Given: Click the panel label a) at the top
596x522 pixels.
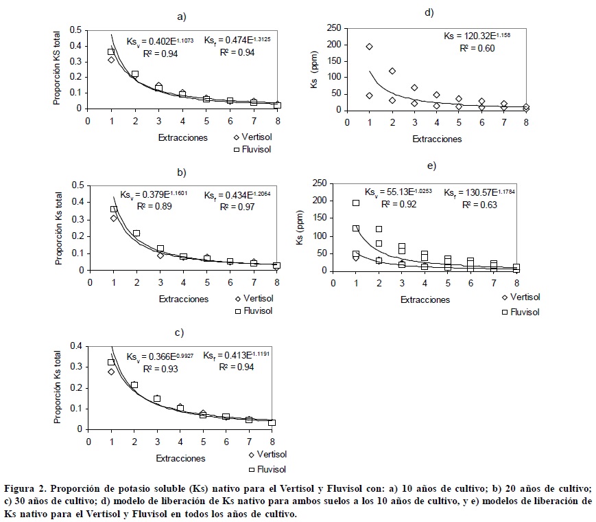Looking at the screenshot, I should coord(181,16).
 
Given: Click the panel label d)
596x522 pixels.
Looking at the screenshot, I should coord(429,12).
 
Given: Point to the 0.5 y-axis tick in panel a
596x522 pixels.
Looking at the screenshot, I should coord(75,30).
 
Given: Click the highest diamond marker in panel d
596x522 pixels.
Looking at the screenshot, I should coord(370,47).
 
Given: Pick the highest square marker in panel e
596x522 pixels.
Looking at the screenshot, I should coord(356,203).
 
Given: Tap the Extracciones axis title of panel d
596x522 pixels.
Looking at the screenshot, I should coord(437,139).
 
